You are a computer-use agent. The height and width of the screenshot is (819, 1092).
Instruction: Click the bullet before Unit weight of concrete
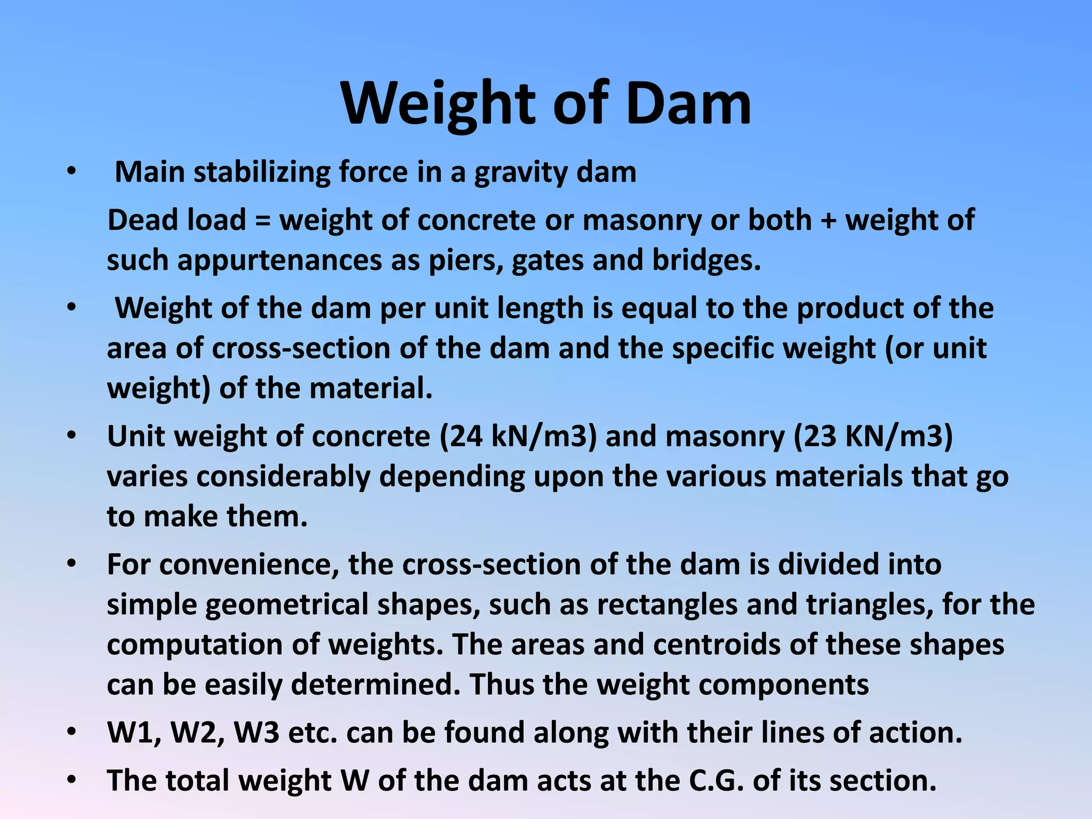72,436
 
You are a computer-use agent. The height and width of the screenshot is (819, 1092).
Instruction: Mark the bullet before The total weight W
72,781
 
